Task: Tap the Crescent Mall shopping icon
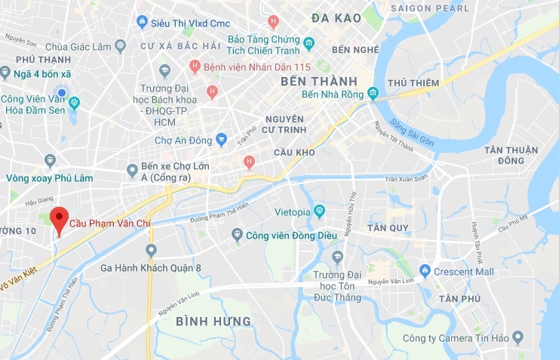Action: (x=425, y=271)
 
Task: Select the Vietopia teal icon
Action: (x=319, y=212)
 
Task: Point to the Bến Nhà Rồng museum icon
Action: (x=373, y=94)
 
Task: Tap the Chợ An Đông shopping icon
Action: (x=221, y=139)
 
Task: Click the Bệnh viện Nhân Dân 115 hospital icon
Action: (x=195, y=66)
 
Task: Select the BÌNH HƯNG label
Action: (x=213, y=322)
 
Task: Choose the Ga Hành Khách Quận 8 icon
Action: (x=151, y=250)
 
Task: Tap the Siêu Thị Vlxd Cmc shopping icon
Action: (x=141, y=23)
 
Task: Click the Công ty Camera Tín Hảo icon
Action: (x=517, y=337)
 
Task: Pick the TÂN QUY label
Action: (x=367, y=227)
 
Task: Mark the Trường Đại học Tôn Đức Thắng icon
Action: (x=338, y=257)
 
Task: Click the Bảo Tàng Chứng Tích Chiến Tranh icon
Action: (x=309, y=44)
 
